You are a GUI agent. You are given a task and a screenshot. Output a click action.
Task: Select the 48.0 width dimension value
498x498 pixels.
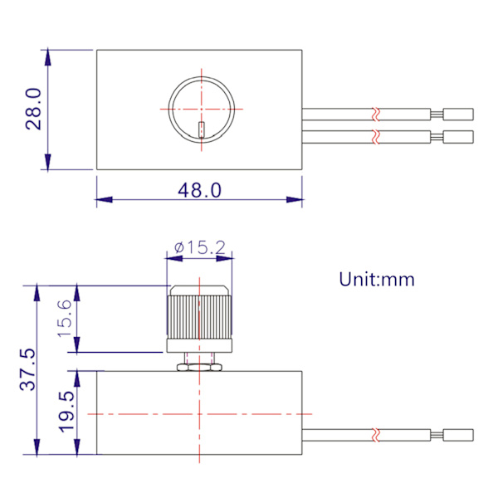tap(200, 190)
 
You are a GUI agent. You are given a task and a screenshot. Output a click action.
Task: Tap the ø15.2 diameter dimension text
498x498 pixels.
tap(200, 247)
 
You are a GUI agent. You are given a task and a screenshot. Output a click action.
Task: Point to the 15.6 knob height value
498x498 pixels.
tap(66, 319)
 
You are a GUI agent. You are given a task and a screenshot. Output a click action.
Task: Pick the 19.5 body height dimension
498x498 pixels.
tap(66, 413)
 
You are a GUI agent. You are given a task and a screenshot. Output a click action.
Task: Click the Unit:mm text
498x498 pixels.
tap(376, 279)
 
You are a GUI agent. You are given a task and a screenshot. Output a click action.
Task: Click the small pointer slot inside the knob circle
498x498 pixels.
tap(203, 131)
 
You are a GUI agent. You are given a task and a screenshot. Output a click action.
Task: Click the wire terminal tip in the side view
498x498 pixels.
tap(458, 434)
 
